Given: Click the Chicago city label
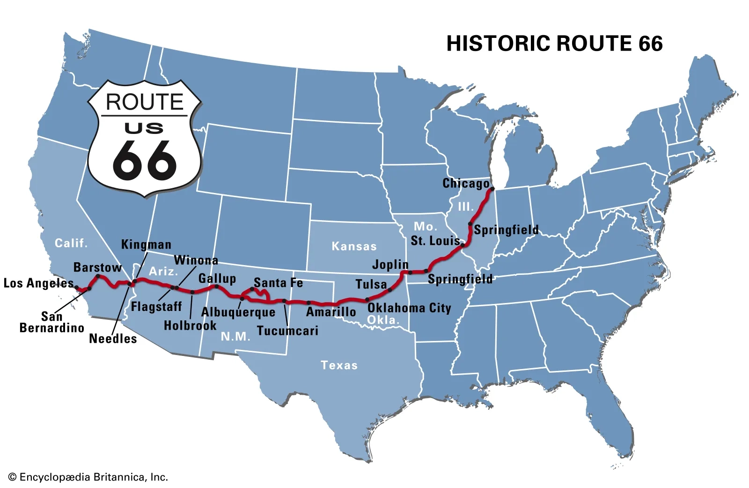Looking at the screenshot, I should (x=466, y=184).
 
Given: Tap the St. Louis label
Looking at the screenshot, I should (x=435, y=241).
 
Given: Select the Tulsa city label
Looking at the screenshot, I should (x=371, y=284).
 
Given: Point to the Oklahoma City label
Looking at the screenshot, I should (x=409, y=308).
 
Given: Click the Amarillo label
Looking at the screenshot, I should (x=331, y=312).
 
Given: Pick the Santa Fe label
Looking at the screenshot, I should (x=278, y=283).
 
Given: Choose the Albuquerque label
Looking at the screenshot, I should (x=238, y=312).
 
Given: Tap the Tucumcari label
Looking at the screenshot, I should (x=287, y=331).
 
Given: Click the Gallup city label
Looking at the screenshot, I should (x=217, y=279).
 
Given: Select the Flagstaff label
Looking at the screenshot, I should (x=156, y=307).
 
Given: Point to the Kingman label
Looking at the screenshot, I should (x=146, y=244).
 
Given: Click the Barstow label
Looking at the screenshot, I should (x=97, y=267).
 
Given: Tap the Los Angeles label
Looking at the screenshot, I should (x=39, y=283).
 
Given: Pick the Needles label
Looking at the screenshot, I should (x=113, y=339).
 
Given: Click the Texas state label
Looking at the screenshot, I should (x=339, y=365).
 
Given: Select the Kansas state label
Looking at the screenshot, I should (x=354, y=246).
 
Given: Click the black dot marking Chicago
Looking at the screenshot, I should (x=492, y=189).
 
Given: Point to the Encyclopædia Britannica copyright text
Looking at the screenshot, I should (x=88, y=477).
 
